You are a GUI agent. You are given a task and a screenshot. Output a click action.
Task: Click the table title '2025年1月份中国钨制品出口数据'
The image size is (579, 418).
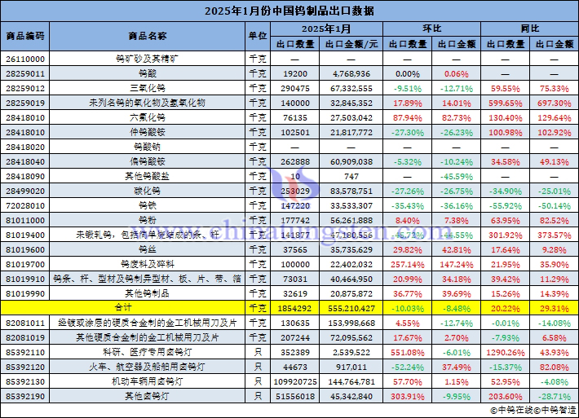click(x=289, y=11)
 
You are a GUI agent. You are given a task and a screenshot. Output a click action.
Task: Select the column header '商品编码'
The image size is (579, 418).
click(x=25, y=36)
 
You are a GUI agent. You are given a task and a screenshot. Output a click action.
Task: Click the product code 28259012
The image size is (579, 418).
click(x=25, y=88)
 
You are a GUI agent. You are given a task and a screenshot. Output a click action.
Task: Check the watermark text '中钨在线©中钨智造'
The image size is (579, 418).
click(x=530, y=410)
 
